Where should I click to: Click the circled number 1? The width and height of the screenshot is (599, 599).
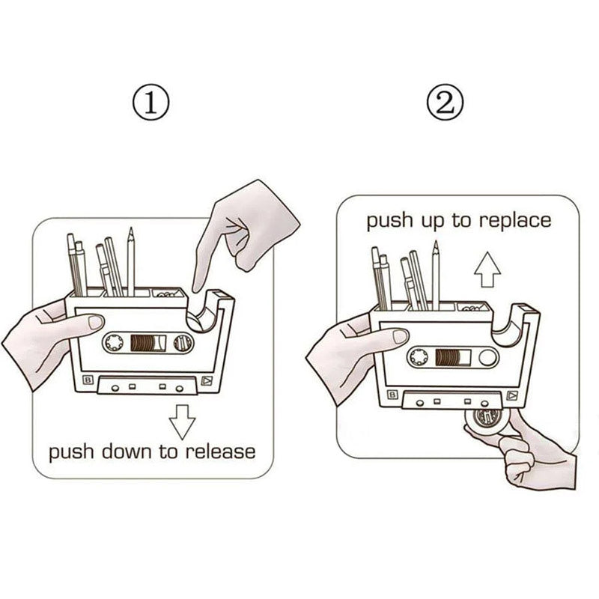tap(153, 103)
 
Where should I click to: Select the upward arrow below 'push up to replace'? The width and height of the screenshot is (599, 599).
tap(488, 269)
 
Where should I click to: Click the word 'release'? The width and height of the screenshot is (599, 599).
tap(220, 451)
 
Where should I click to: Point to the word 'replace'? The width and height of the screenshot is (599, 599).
tap(517, 221)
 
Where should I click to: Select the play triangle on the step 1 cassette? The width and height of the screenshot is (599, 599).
tap(206, 382)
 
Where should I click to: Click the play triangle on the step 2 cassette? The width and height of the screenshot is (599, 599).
tap(511, 395)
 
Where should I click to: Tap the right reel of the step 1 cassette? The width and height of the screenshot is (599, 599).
tap(181, 344)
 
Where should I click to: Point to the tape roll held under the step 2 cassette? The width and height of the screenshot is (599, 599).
tap(486, 420)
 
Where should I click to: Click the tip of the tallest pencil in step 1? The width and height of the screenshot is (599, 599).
tap(130, 231)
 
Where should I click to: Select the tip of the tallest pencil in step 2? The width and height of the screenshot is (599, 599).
tap(435, 244)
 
